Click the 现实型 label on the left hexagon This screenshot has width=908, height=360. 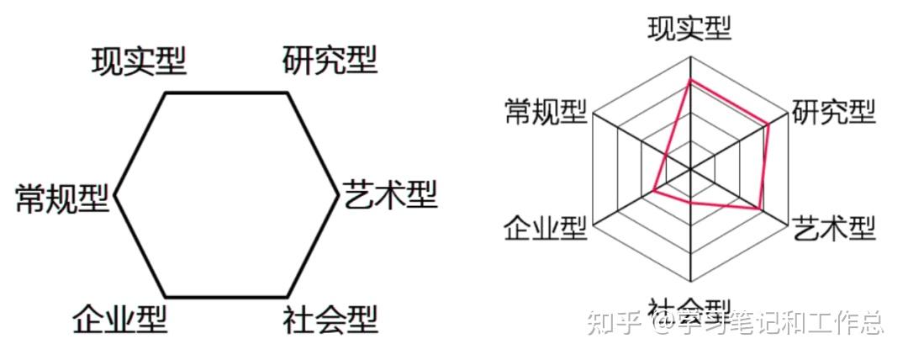[x=138, y=61]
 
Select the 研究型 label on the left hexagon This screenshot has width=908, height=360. [x=330, y=61]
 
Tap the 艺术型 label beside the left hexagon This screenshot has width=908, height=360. [x=390, y=197]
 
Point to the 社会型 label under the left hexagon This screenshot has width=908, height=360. [x=330, y=320]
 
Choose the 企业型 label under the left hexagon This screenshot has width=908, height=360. [x=119, y=320]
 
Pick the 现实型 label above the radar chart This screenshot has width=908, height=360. [x=689, y=28]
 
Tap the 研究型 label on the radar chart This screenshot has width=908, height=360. [x=834, y=111]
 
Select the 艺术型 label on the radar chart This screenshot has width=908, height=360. [x=834, y=227]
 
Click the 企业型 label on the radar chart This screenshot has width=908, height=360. [x=545, y=227]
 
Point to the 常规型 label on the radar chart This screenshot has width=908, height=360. [x=545, y=111]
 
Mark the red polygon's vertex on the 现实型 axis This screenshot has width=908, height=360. [x=689, y=81]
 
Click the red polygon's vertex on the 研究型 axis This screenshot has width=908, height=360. [x=768, y=124]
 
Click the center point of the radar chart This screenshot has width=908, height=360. [x=689, y=169]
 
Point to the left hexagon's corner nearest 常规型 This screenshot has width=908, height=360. [x=114, y=195]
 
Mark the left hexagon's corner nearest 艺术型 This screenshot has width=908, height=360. [x=339, y=195]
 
